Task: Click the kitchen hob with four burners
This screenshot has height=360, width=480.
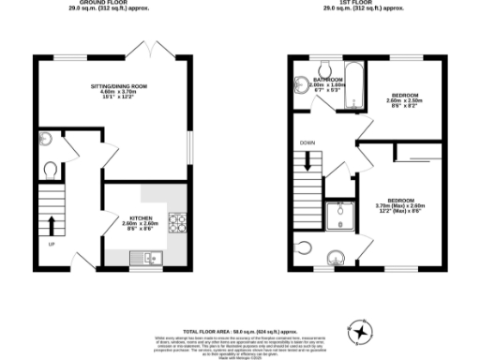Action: click(x=176, y=223)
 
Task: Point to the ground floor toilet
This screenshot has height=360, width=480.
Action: click(x=51, y=171)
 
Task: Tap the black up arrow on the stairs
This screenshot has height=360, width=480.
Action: click(x=51, y=225)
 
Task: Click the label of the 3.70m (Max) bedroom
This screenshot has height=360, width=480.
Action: click(x=400, y=205)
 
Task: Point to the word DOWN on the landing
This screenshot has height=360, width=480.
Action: click(x=307, y=143)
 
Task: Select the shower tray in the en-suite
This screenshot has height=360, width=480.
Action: click(x=335, y=217)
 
